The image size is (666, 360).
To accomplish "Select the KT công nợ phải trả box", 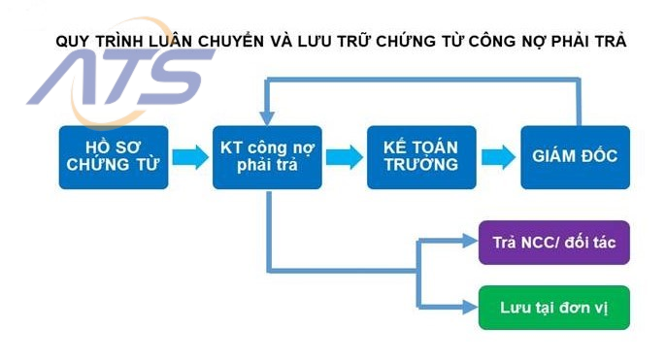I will pyautogui.click(x=265, y=156).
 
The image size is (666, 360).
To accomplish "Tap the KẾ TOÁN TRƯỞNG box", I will pyautogui.click(x=420, y=156).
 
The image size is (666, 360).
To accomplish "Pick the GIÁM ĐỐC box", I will pyautogui.click(x=575, y=155).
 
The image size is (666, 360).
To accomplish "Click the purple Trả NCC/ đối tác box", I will pyautogui.click(x=553, y=242).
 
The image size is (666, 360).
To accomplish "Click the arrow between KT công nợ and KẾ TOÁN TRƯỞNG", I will pyautogui.click(x=342, y=157).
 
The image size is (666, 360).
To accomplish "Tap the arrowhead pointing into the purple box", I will pyautogui.click(x=469, y=242).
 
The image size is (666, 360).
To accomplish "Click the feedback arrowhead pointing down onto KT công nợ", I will pyautogui.click(x=265, y=115).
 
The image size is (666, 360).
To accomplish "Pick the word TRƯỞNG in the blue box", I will pyautogui.click(x=420, y=165).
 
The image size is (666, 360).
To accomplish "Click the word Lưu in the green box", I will pyautogui.click(x=515, y=308).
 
